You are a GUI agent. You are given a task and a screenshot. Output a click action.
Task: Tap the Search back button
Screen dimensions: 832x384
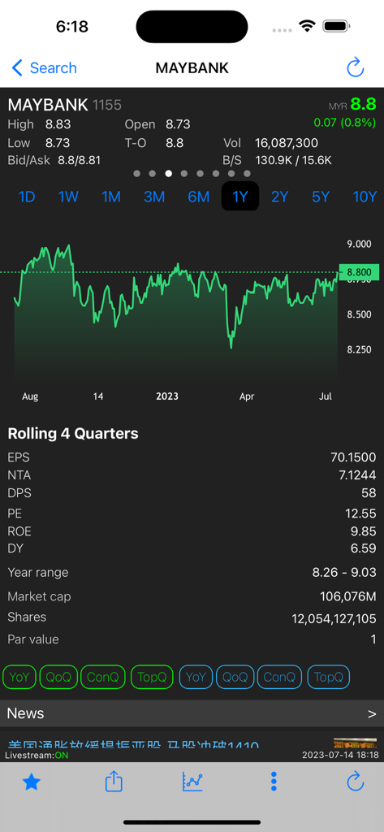click(x=45, y=68)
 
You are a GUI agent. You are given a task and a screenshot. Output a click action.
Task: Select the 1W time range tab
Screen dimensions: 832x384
click(x=68, y=197)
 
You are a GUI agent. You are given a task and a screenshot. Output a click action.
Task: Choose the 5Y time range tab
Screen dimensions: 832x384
click(x=321, y=197)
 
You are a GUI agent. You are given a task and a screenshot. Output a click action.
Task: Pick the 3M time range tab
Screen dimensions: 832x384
click(x=154, y=197)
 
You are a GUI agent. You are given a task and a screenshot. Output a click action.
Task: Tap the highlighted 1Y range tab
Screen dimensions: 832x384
click(x=240, y=197)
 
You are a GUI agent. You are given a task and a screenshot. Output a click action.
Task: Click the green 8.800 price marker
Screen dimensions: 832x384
click(x=358, y=272)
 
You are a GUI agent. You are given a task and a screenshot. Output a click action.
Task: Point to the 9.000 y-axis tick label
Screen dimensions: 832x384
click(x=358, y=244)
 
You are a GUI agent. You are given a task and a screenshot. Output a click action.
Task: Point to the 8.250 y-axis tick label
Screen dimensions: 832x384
click(x=358, y=349)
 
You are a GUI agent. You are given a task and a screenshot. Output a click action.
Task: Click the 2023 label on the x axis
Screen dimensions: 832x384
click(x=166, y=396)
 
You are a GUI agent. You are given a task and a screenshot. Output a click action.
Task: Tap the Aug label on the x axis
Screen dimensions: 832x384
click(x=30, y=396)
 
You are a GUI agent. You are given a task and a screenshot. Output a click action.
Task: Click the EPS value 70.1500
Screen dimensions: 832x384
click(x=353, y=457)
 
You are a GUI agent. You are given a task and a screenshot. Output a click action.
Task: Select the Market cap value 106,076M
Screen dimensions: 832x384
click(x=347, y=597)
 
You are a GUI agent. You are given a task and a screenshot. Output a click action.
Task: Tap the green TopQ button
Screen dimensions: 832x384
click(x=152, y=677)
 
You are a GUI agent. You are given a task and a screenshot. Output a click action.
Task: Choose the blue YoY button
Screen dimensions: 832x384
click(x=196, y=677)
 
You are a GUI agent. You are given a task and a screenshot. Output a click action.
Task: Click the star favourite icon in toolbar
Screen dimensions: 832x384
click(x=32, y=782)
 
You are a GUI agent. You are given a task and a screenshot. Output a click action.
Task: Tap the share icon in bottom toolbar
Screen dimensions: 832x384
click(x=114, y=782)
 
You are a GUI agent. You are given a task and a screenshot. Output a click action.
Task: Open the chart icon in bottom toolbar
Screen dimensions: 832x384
click(x=192, y=782)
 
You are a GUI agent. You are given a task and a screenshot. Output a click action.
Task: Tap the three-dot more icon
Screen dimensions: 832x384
click(x=274, y=782)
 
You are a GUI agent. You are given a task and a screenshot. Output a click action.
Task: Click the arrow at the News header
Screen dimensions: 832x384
click(x=372, y=714)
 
